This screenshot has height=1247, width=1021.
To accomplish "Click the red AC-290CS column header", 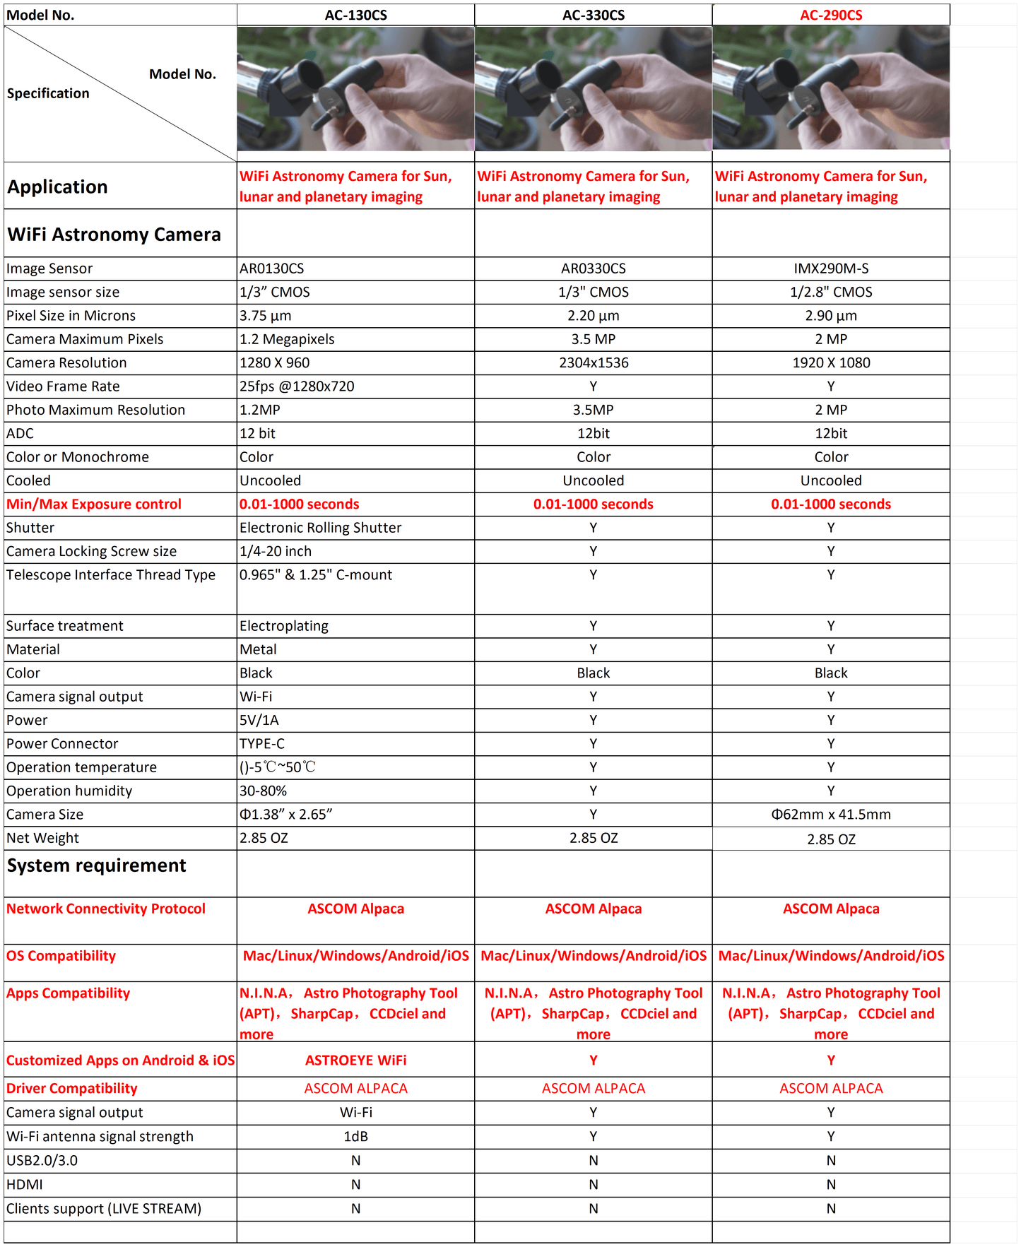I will click(830, 15).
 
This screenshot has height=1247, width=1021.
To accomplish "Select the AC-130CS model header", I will click(355, 15).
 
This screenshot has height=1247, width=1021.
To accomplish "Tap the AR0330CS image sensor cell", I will click(593, 268).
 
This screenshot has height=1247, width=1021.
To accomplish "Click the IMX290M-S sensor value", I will click(830, 268).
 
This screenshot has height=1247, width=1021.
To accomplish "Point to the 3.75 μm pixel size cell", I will click(266, 316).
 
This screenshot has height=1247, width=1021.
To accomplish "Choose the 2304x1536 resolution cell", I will click(593, 362).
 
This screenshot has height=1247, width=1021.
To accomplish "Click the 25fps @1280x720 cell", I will click(297, 386).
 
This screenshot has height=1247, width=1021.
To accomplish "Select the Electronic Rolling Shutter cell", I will click(320, 528).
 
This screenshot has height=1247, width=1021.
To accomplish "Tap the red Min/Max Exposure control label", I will click(94, 504).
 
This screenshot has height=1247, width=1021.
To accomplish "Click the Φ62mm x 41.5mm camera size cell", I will click(830, 815).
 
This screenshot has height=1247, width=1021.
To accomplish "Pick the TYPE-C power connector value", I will click(262, 744).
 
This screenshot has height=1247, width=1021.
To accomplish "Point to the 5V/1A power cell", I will click(259, 720).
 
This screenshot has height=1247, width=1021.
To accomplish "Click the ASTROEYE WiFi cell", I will click(355, 1060).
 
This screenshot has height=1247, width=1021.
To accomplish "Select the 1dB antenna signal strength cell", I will click(355, 1136).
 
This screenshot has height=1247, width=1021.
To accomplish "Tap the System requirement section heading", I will click(97, 865).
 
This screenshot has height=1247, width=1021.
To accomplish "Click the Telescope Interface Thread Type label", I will click(111, 575).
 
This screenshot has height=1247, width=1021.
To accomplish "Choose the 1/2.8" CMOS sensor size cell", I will click(830, 292).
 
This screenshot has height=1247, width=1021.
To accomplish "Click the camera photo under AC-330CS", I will click(593, 88).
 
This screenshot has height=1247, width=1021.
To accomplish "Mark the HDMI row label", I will click(25, 1184).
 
